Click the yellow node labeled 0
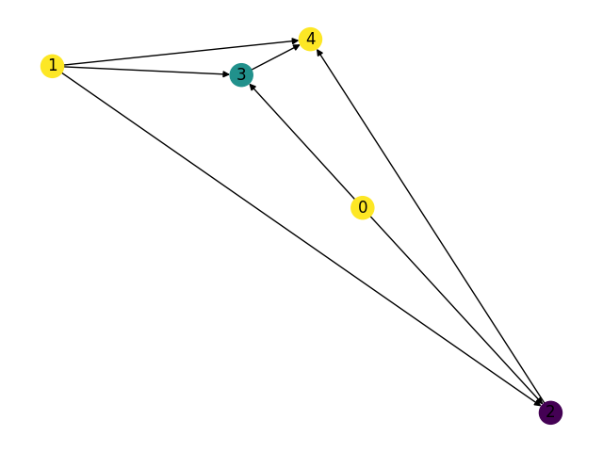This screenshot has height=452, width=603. (x=363, y=207)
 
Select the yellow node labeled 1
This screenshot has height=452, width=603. (x=53, y=66)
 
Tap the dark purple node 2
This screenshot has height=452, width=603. (x=550, y=412)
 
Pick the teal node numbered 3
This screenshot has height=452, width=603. (x=241, y=74)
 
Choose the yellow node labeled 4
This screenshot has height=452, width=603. (x=311, y=39)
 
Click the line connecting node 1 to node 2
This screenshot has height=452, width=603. (x=301, y=239)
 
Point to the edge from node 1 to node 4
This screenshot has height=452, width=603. (x=179, y=53)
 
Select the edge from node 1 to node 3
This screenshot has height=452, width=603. (x=141, y=70)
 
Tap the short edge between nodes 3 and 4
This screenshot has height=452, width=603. (x=276, y=56)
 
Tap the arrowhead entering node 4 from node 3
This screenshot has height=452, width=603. (x=297, y=46)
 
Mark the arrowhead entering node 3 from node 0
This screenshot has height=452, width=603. (x=253, y=87)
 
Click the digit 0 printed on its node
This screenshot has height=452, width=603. (x=363, y=207)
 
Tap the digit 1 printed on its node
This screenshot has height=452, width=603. (x=53, y=66)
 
